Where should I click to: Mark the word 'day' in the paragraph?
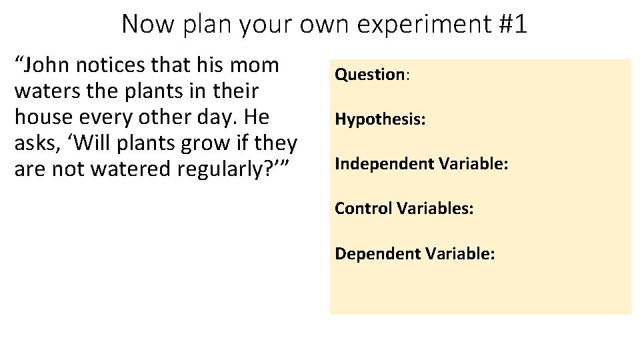(204, 117)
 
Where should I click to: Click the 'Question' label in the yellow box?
(370, 75)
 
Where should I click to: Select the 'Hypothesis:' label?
(380, 120)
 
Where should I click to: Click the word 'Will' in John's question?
(97, 143)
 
